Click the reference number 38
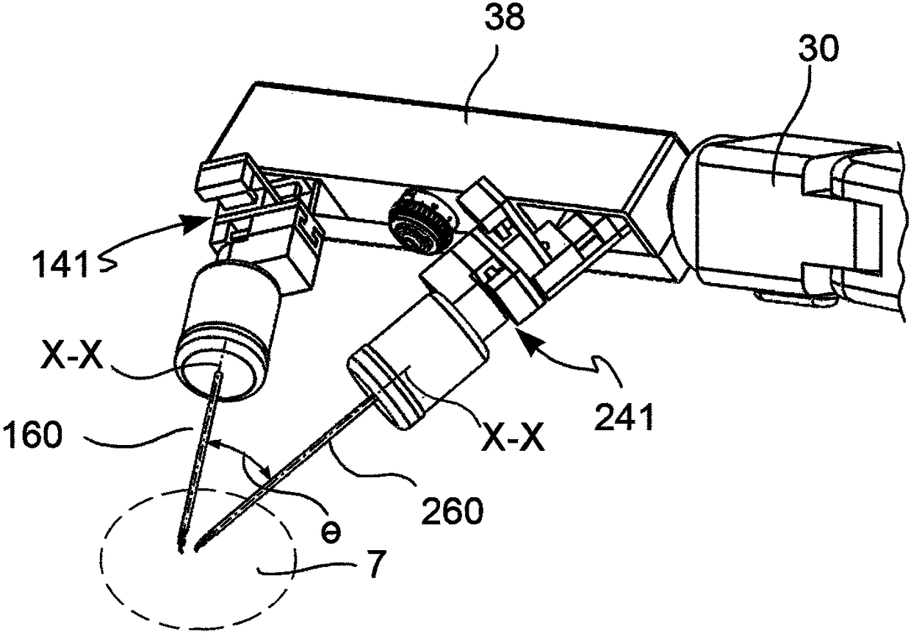pos(505,20)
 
